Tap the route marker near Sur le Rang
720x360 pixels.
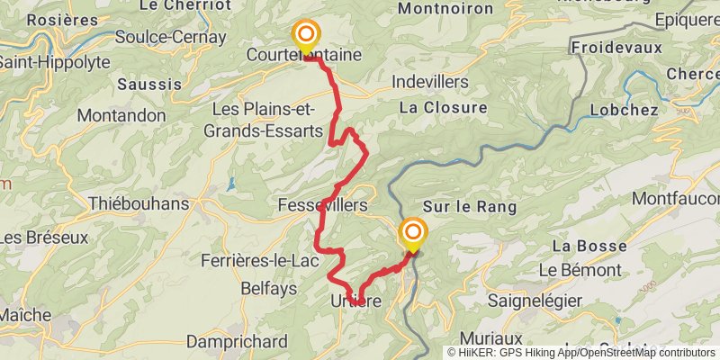tap(413, 233)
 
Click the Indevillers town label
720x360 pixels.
tap(430, 82)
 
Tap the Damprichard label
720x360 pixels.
tap(238, 342)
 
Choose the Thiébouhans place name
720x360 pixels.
tap(139, 203)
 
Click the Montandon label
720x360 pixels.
tap(121, 115)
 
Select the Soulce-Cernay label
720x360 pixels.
tap(171, 38)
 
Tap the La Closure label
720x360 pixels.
tap(443, 107)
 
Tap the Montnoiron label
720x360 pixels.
tap(445, 9)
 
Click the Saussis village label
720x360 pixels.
tap(145, 84)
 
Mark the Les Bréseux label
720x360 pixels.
tap(45, 238)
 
